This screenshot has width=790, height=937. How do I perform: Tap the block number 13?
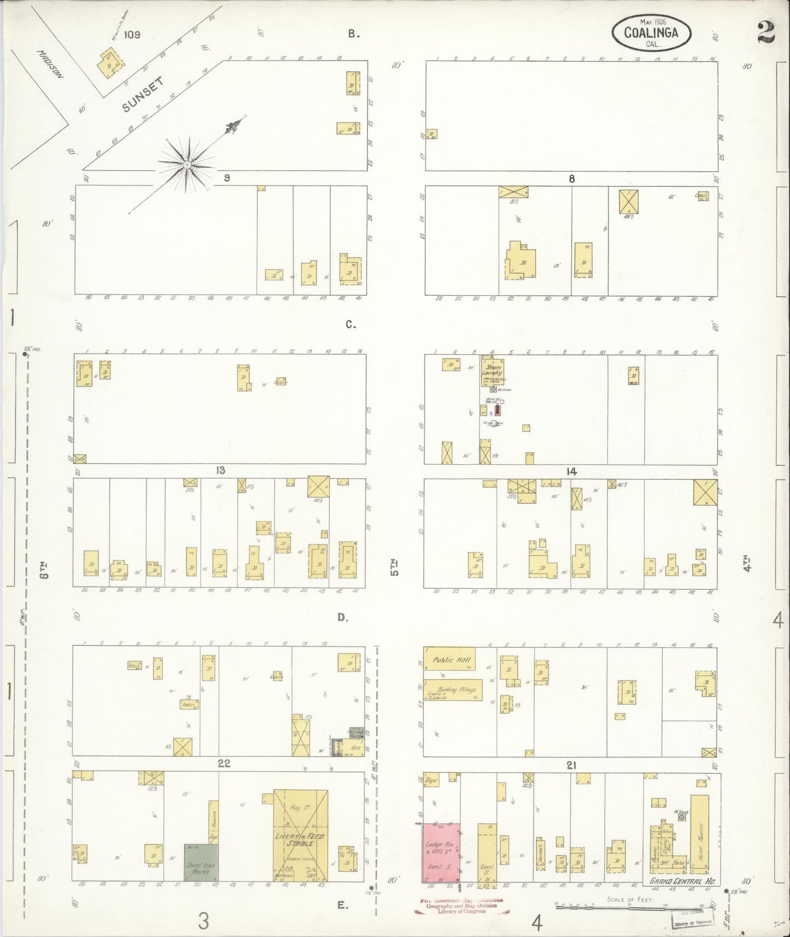click(220, 471)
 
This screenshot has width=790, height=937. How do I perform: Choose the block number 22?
click(224, 764)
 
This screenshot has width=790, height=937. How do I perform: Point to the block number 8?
click(571, 178)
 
